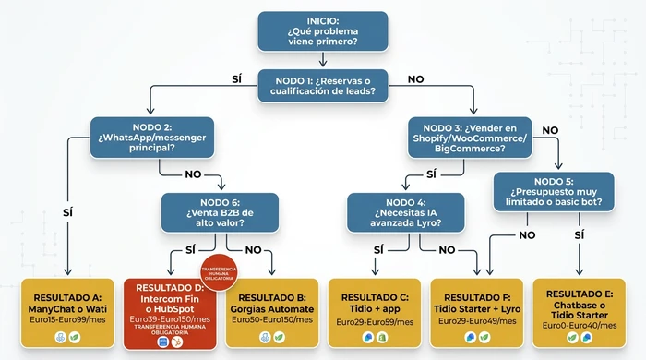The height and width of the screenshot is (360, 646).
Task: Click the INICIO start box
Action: [322, 30]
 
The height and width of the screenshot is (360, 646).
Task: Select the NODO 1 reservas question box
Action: [322, 85]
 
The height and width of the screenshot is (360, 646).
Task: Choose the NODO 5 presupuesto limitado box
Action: [553, 192]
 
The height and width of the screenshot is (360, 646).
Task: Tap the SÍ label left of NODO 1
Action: [237, 79]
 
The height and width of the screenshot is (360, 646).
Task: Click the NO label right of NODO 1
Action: [415, 79]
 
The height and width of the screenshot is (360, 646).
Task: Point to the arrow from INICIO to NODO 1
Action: [322, 59]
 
